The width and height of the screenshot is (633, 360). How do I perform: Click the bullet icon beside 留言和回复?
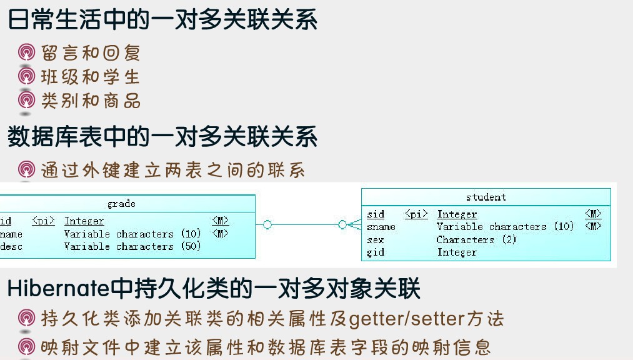[x=26, y=52]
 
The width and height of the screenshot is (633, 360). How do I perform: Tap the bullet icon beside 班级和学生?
[x=26, y=76]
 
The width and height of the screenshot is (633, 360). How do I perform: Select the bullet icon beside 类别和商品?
[x=26, y=100]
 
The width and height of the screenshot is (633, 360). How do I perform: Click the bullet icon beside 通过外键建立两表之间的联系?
[x=26, y=169]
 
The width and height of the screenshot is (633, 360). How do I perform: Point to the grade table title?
[x=121, y=204]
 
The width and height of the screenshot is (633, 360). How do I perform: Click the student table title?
[x=486, y=197]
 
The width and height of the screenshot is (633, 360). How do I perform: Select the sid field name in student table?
[x=376, y=214]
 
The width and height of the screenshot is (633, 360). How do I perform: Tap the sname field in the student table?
[x=381, y=227]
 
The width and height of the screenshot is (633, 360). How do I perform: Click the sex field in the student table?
[x=375, y=240]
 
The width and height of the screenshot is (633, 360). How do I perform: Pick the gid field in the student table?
[x=375, y=252]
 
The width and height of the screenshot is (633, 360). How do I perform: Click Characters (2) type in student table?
[x=476, y=240]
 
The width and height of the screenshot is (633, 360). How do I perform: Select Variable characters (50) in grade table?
[x=132, y=246]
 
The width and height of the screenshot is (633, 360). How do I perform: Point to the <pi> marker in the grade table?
[x=43, y=221]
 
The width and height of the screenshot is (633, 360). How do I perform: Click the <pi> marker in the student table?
[x=416, y=214]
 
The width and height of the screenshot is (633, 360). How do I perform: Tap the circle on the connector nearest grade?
[x=267, y=225]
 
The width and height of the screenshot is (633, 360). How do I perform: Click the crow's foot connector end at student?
[x=354, y=225]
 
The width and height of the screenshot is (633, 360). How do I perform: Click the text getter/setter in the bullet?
[x=407, y=319]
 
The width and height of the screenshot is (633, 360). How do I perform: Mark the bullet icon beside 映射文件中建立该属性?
[x=26, y=346]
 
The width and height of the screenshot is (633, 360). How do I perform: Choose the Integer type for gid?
[x=457, y=252]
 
